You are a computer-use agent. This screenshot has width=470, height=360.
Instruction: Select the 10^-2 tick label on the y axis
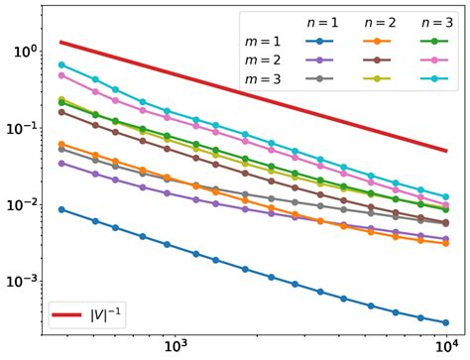(x=20, y=204)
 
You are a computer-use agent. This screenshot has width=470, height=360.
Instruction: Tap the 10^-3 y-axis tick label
(x=20, y=281)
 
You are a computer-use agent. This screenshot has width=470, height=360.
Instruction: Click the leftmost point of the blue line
(x=61, y=209)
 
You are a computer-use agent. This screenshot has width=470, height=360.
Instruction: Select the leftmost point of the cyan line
(x=61, y=64)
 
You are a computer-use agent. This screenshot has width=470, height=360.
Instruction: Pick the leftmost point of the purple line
(x=61, y=163)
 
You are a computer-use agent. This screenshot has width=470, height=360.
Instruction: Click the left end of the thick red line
(x=61, y=43)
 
